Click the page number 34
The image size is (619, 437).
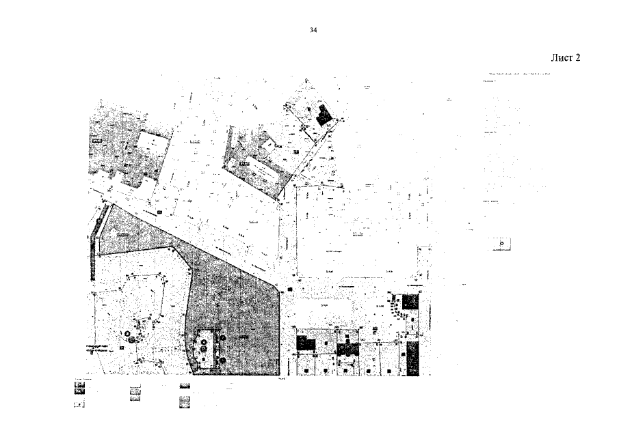[x=313, y=30]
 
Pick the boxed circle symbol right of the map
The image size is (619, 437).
[x=501, y=243]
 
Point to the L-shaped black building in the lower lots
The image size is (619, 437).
[x=348, y=348]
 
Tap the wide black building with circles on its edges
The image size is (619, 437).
[x=306, y=343]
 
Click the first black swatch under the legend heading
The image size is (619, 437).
[x=79, y=386]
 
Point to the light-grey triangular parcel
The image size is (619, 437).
[x=134, y=232]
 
